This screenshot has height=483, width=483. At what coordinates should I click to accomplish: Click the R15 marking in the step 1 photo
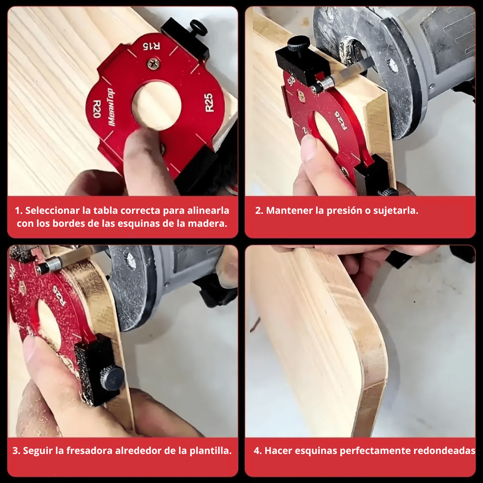click(x=151, y=46)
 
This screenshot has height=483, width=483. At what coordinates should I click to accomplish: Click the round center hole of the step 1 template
click(x=157, y=106)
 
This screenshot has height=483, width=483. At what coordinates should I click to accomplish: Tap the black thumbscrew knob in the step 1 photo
click(x=198, y=28)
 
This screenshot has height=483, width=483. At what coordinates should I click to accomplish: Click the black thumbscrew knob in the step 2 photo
click(x=298, y=43)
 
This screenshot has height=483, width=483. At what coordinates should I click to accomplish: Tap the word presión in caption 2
click(x=343, y=211)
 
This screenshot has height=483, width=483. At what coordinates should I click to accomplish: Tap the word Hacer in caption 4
click(x=278, y=450)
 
